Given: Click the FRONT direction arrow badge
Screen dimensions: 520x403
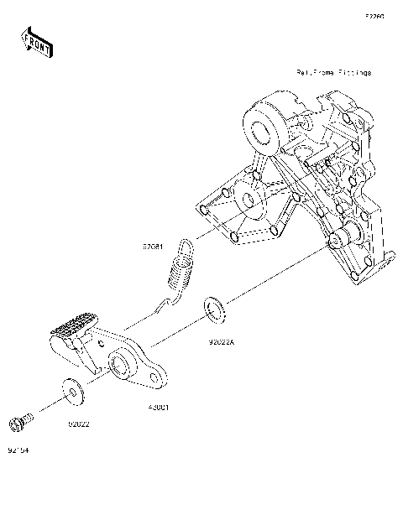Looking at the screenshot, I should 36,42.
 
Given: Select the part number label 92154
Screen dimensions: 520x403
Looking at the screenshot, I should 18,450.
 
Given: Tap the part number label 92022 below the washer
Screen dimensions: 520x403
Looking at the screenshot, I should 79,424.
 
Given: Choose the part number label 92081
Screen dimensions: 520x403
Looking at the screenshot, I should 152,247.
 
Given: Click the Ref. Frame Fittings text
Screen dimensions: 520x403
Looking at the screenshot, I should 333,73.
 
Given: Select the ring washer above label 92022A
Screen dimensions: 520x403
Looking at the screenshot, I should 215,307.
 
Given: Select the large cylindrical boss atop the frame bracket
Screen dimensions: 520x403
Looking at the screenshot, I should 265,122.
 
